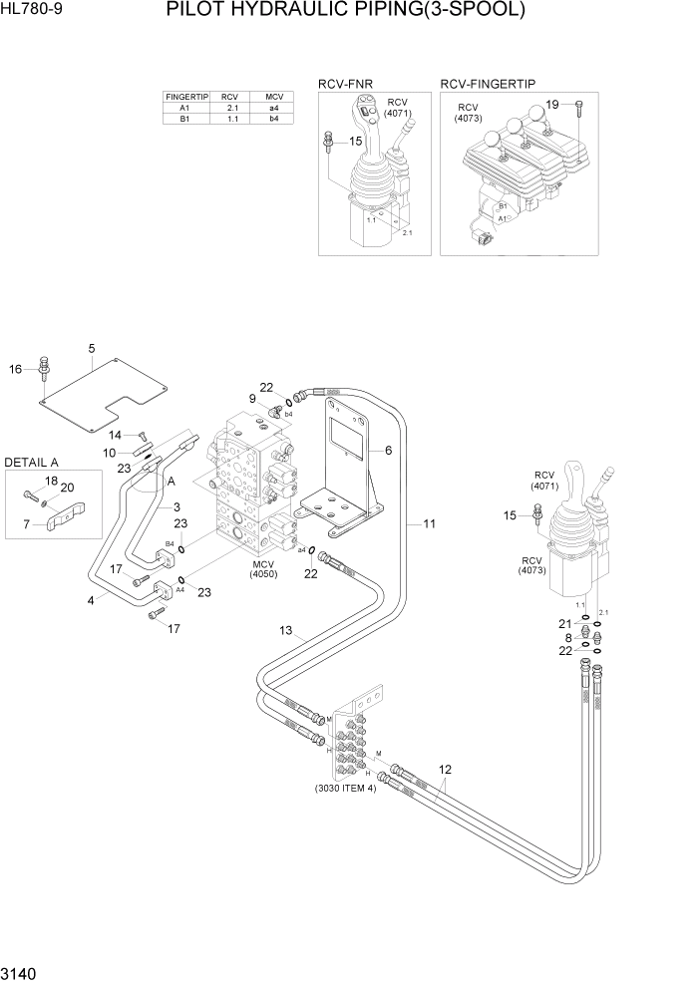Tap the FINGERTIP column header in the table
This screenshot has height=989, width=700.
click(x=183, y=97)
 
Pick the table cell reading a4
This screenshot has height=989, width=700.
click(x=273, y=108)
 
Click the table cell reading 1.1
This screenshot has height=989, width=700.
click(x=230, y=119)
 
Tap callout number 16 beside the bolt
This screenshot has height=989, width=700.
click(x=15, y=370)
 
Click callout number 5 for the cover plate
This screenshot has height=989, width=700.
click(x=91, y=348)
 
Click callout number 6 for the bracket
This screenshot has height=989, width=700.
click(x=387, y=451)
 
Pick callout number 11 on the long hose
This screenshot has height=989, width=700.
click(x=430, y=523)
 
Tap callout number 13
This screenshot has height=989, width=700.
click(x=285, y=630)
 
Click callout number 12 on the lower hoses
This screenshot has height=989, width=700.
click(x=445, y=769)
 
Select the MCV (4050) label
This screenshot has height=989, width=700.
click(x=263, y=568)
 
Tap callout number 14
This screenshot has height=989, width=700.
click(x=115, y=435)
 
